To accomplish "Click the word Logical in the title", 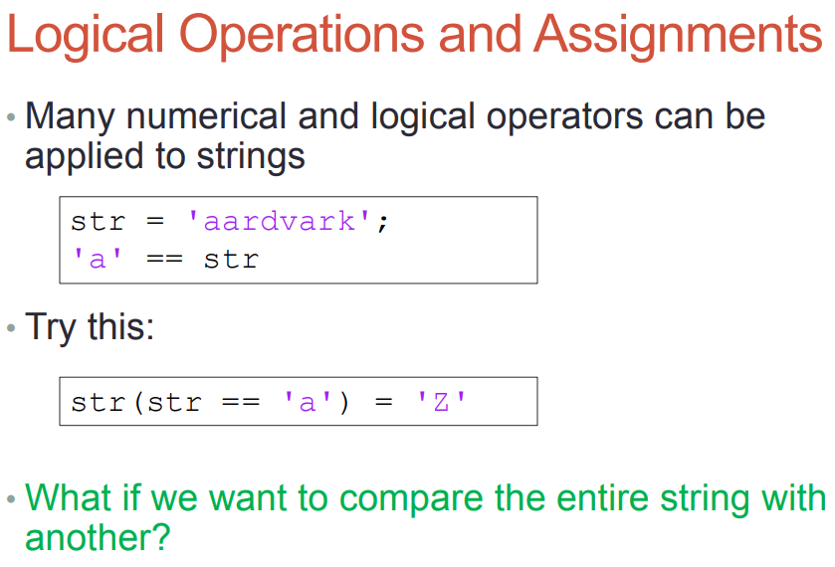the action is tap(86, 36).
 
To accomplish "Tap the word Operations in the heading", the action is tap(302, 36).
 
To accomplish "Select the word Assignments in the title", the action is tap(678, 36).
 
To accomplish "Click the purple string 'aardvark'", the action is tap(279, 221).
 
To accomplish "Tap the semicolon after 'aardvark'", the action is tap(382, 223).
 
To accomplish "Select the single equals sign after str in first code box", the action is tap(155, 221).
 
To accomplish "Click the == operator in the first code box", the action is tap(164, 260).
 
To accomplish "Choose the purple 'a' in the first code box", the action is tap(98, 260).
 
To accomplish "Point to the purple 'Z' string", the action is tap(441, 402).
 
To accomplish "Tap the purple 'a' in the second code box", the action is tap(308, 402).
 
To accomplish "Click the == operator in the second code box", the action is tap(241, 402).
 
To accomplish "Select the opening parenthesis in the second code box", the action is tap(139, 403).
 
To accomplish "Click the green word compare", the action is tap(411, 499).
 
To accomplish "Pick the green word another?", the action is tap(98, 537).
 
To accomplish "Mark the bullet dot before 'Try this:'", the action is tap(11, 328).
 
